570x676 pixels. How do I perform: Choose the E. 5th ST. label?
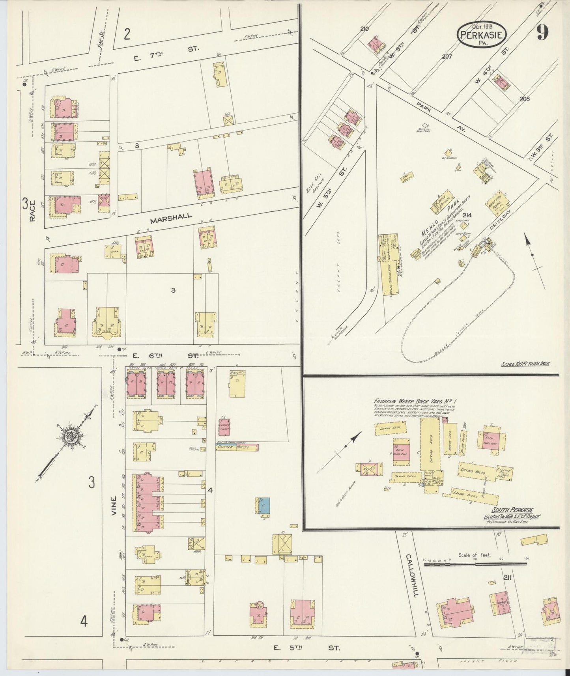[x=306, y=648]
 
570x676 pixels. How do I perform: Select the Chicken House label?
[x=237, y=447]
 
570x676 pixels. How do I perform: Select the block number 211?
[x=508, y=577]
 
